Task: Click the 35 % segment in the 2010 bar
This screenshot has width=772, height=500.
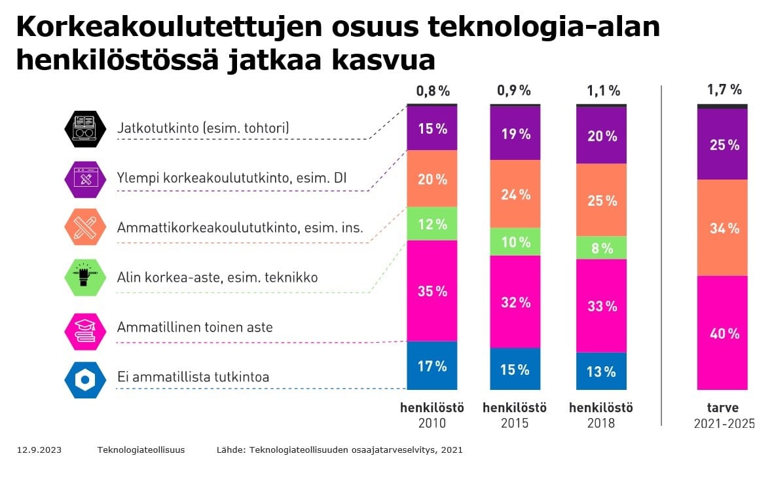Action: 432,291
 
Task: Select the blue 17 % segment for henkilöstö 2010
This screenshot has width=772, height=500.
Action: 432,366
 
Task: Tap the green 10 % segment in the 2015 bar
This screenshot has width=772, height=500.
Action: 515,242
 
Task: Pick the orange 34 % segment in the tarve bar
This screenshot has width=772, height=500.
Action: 723,228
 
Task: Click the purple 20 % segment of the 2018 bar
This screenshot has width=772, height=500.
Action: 601,136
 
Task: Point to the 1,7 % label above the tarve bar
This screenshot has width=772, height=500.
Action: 724,89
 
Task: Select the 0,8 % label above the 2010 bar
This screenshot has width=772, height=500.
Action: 433,90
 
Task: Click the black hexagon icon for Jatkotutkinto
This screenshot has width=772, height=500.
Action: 85,128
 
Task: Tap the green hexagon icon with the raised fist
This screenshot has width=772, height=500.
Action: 85,277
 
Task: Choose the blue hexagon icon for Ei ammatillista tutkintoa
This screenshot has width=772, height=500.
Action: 85,379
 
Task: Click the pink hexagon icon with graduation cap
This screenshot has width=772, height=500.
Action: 85,330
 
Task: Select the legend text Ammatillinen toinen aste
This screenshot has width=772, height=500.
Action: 194,327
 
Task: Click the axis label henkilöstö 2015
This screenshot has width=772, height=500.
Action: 515,415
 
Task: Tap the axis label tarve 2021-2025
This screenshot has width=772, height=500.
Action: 724,415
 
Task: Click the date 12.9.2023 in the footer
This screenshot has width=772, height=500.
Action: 39,450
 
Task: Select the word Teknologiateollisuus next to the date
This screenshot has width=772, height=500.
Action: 141,450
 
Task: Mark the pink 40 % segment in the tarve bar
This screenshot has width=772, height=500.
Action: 723,333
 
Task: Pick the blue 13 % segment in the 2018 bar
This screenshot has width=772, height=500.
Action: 601,372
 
